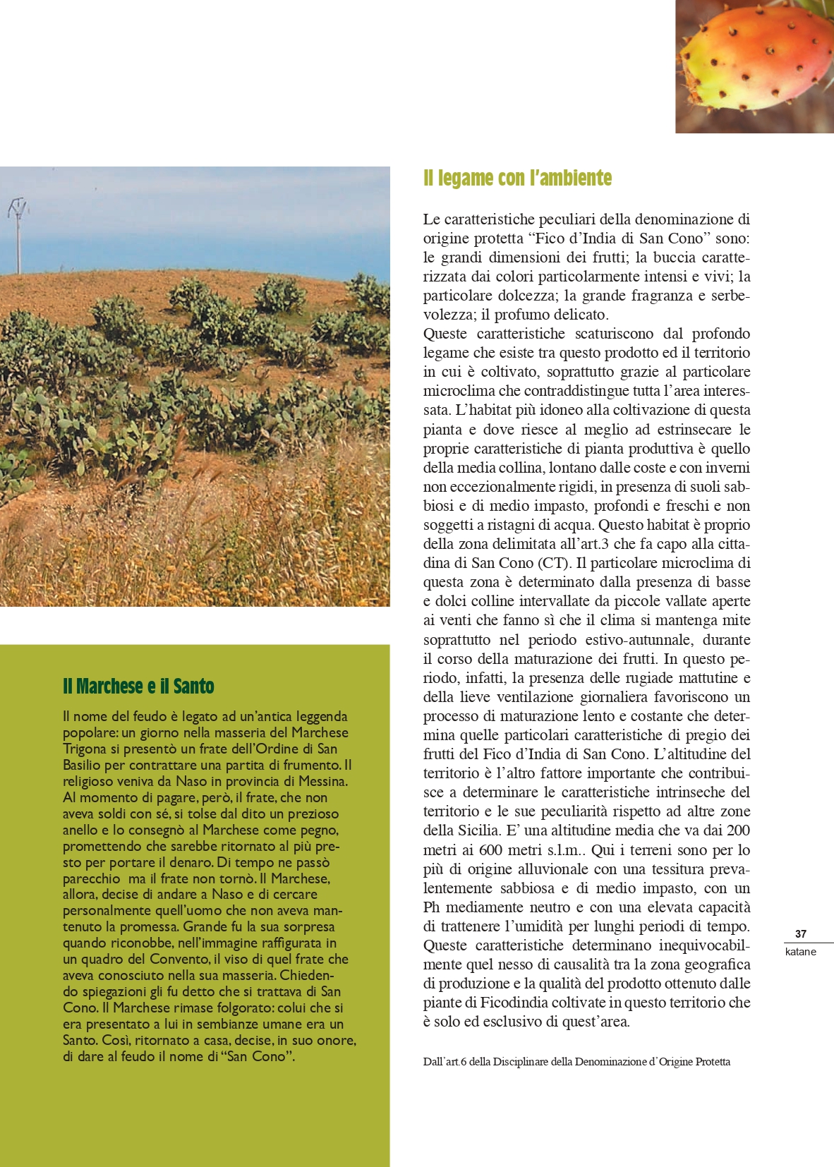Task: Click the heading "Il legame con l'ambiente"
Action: pyautogui.click(x=517, y=179)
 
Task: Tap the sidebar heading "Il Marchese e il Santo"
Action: pyautogui.click(x=138, y=686)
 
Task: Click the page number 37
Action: pyautogui.click(x=800, y=933)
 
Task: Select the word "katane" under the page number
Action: pyautogui.click(x=800, y=952)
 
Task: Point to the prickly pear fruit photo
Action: pyautogui.click(x=754, y=67)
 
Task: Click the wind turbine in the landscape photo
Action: pyautogui.click(x=18, y=233)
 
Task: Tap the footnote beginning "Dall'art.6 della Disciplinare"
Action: pyautogui.click(x=576, y=1062)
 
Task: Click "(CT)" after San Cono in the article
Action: pyautogui.click(x=554, y=563)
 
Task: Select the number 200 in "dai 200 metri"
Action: pyautogui.click(x=738, y=830)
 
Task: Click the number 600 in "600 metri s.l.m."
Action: pyautogui.click(x=490, y=850)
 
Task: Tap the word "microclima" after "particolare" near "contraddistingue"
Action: pyautogui.click(x=456, y=391)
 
